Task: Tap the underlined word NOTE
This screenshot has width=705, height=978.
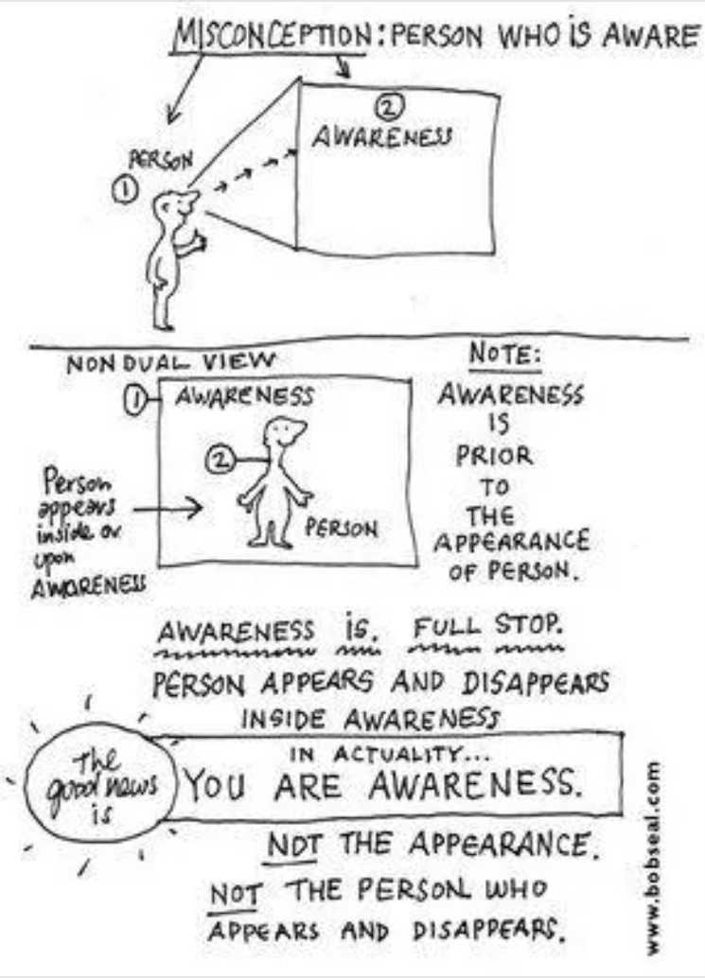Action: tap(505, 356)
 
